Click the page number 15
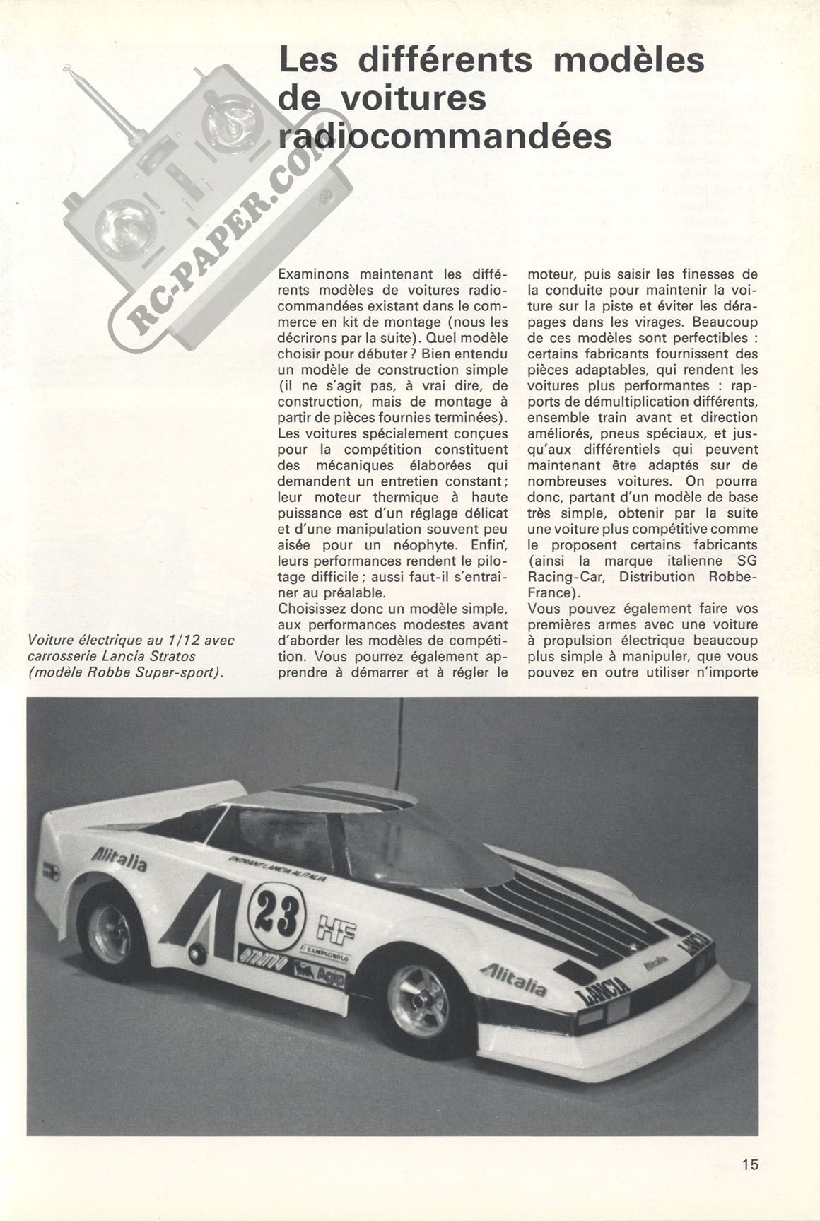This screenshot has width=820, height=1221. point(750,1163)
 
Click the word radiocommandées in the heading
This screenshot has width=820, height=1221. point(445,136)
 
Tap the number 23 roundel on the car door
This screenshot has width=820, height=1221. point(277,911)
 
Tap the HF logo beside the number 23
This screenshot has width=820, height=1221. point(336,925)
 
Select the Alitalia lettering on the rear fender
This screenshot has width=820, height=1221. point(119,860)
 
